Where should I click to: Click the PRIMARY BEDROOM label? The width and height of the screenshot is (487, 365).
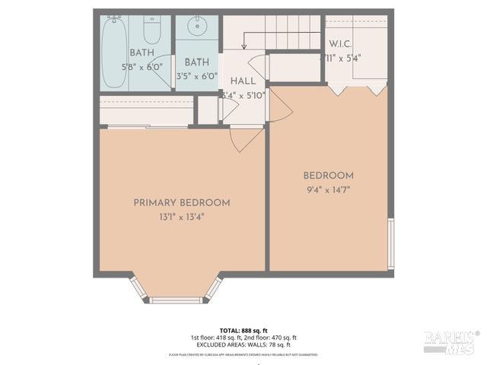182,203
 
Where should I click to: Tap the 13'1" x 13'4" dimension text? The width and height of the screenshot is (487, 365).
182,217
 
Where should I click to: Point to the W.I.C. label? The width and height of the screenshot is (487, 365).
339,44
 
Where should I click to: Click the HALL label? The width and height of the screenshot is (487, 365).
243,81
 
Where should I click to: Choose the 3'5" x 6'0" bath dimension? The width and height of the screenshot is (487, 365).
197,76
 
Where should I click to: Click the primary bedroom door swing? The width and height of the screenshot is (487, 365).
246,139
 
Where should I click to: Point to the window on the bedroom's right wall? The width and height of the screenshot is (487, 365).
391,243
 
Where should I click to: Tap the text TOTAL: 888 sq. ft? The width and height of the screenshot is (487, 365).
243,330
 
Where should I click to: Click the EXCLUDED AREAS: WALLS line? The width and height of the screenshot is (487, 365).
243,345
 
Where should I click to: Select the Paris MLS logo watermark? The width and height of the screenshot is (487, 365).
451,341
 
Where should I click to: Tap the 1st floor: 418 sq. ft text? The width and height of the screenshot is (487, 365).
215,338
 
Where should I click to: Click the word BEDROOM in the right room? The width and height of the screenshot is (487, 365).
328,176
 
